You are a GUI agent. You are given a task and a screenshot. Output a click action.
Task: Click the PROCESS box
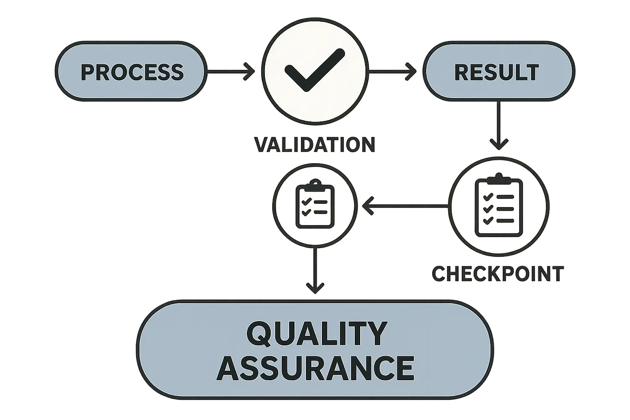coord(130,72)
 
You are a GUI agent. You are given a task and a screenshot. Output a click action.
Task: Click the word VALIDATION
coord(315,145)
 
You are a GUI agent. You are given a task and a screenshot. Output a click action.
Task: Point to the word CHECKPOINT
coord(498,274)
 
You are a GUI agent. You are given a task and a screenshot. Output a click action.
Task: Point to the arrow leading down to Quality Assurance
coord(315,271)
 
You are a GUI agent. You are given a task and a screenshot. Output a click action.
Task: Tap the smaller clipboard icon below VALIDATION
coord(315,205)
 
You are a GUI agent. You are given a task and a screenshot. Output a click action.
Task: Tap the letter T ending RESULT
coord(532,73)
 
